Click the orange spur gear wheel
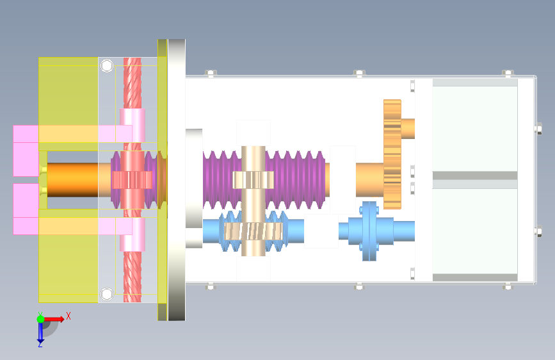392,154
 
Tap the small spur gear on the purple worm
253,180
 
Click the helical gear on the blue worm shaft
253,231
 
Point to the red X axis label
68,316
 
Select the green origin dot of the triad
41,319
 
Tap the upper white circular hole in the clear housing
107,65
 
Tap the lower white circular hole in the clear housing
107,294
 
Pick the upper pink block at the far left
26,151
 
